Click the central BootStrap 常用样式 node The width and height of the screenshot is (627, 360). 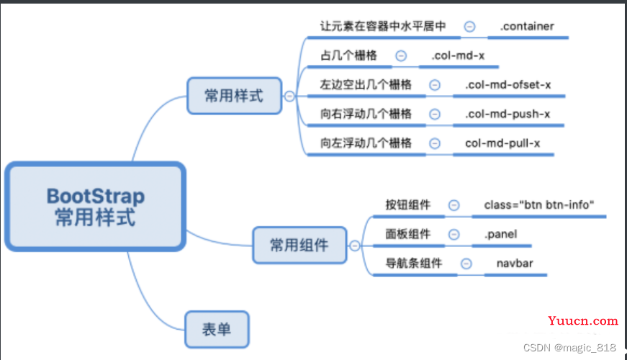point(95,207)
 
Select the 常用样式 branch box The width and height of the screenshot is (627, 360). point(234,96)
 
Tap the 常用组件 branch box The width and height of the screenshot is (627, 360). point(299,246)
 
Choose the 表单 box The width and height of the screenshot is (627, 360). point(217,330)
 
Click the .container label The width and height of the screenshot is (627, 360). point(526,27)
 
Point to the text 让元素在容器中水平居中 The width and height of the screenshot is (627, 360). point(383,27)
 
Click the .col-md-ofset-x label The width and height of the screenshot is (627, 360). point(508,85)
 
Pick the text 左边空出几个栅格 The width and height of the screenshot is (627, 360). point(366,85)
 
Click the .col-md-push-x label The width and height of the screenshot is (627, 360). point(507,114)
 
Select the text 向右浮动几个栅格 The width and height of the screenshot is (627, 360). point(366,114)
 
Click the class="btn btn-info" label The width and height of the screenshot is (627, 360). point(539,205)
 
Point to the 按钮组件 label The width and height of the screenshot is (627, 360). point(408,205)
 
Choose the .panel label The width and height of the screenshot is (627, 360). point(500,234)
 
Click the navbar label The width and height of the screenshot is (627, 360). point(515,264)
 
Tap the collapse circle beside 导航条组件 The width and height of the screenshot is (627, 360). point(466,264)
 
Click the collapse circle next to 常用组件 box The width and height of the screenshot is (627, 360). point(354,246)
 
